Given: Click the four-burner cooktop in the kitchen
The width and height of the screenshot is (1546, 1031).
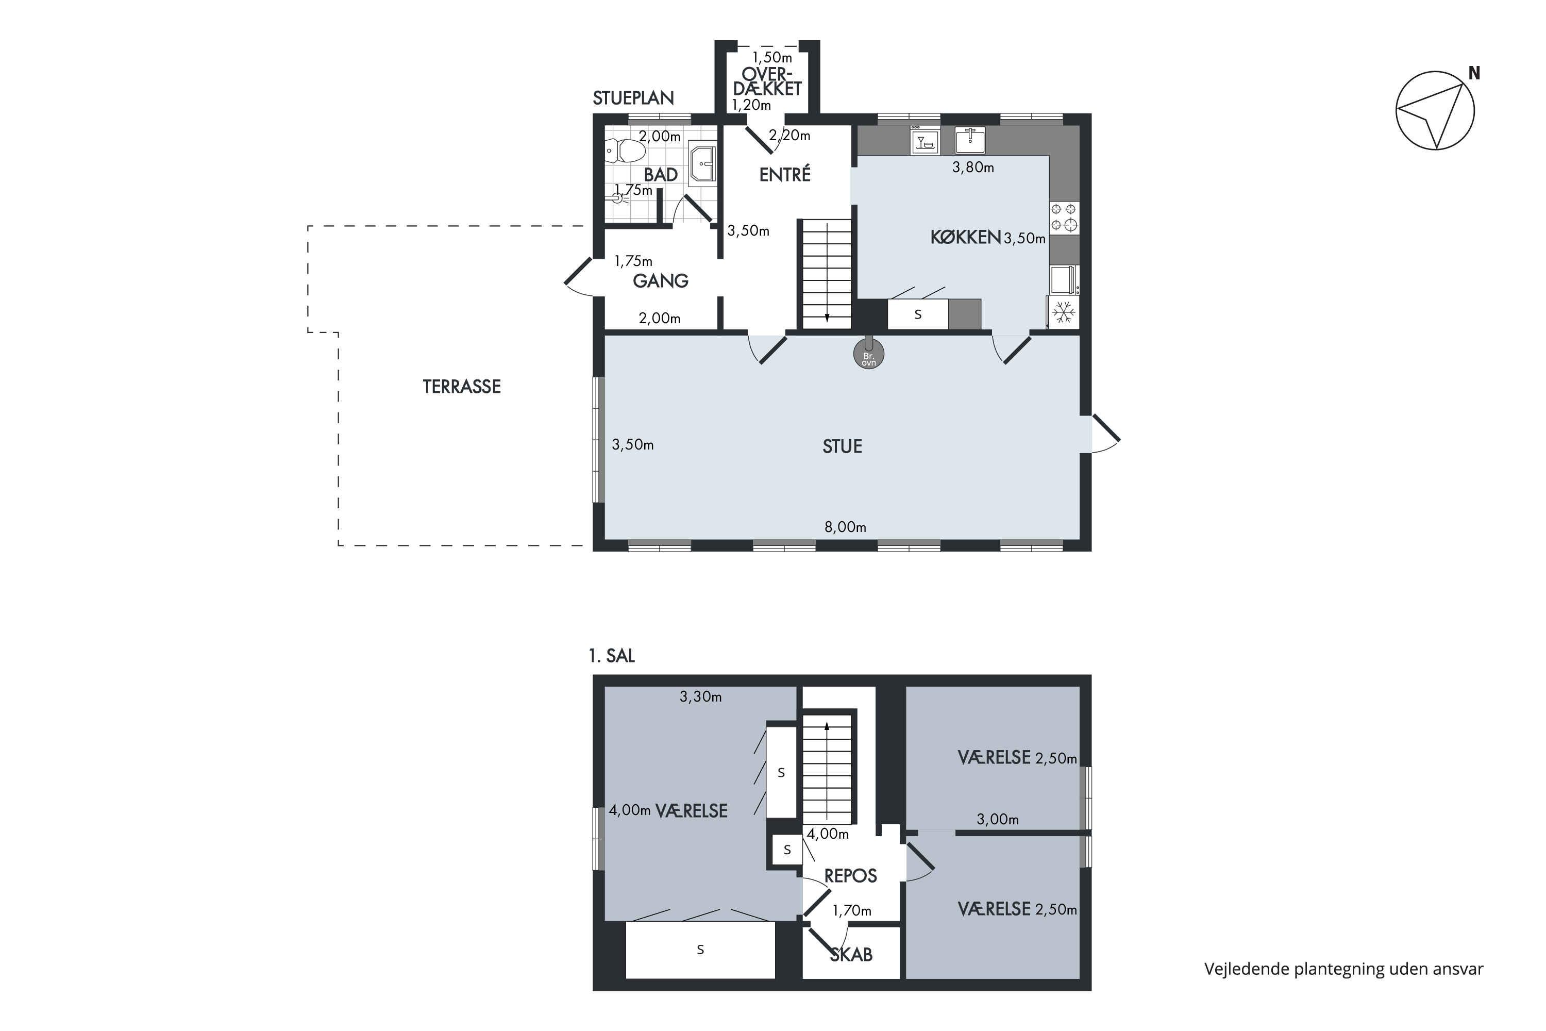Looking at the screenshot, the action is point(1064,218).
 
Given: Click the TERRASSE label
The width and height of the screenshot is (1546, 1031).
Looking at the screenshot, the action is point(461,387).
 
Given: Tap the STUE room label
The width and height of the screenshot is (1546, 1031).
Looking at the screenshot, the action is point(842,446).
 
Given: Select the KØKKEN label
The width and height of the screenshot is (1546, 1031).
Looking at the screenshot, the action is point(965,237).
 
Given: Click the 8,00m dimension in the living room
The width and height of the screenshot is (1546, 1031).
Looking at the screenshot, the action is point(845,527).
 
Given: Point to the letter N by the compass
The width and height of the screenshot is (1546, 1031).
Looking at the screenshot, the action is point(1474,73).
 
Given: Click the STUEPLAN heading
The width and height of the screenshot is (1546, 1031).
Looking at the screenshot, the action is point(633,98).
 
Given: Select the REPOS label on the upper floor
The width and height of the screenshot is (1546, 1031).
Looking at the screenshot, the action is point(851,876).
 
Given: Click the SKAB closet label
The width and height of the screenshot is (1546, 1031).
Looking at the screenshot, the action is point(851,955).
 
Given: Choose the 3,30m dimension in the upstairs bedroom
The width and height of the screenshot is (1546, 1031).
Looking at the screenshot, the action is point(701,696).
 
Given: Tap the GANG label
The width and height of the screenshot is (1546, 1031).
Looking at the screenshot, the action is point(661,281).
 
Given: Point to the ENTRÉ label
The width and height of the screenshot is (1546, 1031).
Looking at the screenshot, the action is point(785,174).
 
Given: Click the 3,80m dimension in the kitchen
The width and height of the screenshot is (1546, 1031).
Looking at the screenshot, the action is point(973,167).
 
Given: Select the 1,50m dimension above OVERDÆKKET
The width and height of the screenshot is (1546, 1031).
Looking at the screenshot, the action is point(772,57).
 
